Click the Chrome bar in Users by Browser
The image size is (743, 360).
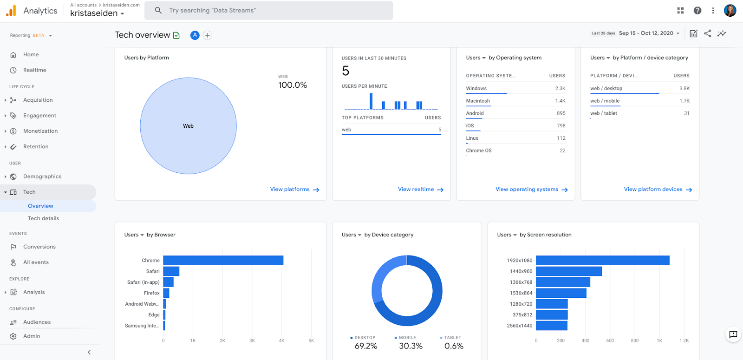point(223,261)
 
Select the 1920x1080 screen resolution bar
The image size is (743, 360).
point(602,261)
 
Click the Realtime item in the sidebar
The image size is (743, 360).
point(34,70)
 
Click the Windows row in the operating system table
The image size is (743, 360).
point(476,88)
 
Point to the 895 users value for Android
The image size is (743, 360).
point(561,113)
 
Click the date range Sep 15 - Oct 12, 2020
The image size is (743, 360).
point(646,33)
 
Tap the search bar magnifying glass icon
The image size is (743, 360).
point(158,10)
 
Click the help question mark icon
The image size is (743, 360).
point(697,10)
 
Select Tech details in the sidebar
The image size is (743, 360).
point(43,218)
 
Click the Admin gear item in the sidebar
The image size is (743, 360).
point(32,336)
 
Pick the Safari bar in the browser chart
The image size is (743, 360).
point(171,271)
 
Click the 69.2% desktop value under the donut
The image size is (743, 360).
point(366,346)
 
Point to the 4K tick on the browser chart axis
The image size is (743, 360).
point(281,340)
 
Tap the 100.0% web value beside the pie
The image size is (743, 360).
point(293,85)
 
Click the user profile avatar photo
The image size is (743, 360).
point(730,10)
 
